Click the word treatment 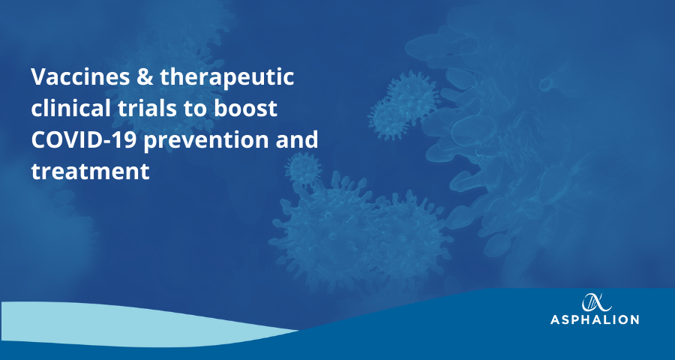point(91,172)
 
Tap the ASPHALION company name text point(595,319)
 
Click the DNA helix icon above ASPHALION point(596,302)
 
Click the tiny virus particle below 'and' point(304,169)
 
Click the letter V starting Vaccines point(39,77)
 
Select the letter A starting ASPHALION point(555,319)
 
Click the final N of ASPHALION point(634,319)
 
